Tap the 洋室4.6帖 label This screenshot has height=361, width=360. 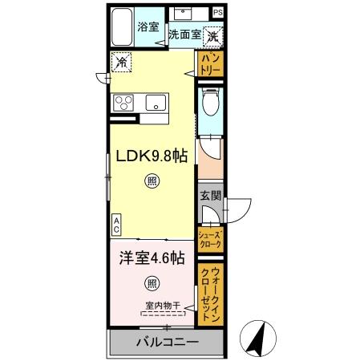coord(152,258)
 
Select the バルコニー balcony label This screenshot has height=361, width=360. coord(166,343)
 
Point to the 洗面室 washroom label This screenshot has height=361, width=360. coord(184,36)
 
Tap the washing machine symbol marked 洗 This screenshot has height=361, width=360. coord(213,35)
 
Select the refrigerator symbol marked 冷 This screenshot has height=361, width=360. coord(122,59)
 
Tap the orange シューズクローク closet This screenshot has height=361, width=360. coord(210,238)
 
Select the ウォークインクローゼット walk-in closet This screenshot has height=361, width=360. coord(210,294)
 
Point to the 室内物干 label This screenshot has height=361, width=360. coord(164,305)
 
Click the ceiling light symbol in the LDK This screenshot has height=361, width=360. coord(152,181)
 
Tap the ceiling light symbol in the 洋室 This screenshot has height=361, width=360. coord(152,282)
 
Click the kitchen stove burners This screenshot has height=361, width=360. coord(127,102)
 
